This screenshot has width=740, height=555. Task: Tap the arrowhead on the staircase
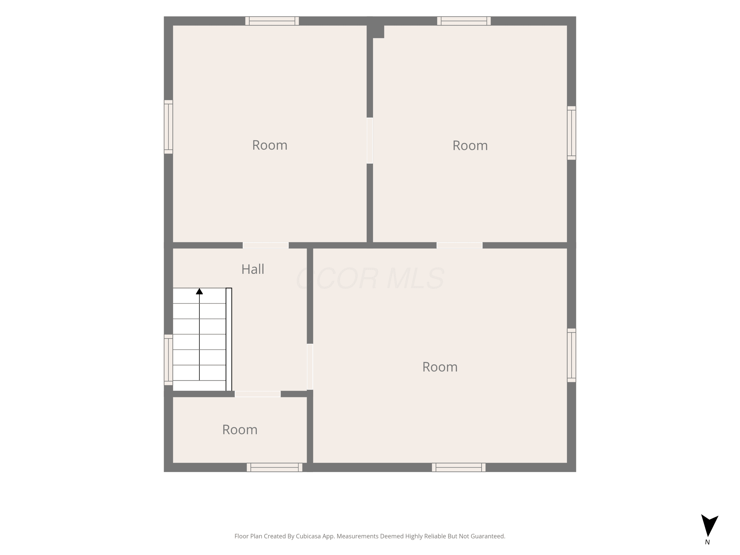point(199,291)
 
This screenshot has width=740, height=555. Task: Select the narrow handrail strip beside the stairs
point(229,339)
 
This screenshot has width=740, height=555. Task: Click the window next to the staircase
point(168,360)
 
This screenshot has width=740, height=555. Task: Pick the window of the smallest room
point(274,467)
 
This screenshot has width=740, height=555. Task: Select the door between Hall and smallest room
point(258,394)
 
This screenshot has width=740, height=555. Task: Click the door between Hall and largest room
point(310,367)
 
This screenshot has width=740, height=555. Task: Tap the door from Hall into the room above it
point(266,245)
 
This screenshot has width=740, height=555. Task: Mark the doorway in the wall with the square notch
point(370,141)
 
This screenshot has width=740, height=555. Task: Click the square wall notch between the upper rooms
point(378,32)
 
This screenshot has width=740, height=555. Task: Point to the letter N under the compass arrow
point(707,542)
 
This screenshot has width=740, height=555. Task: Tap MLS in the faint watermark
point(415,278)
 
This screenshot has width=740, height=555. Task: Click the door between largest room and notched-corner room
point(460,245)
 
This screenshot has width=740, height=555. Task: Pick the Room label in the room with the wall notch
point(470,146)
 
